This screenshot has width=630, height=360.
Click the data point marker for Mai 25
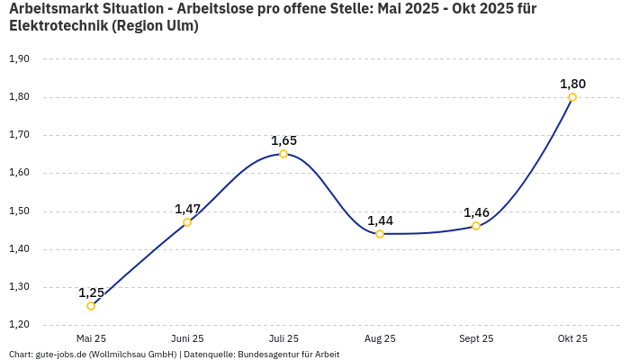point(91,306)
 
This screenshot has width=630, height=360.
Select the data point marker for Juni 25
point(187,222)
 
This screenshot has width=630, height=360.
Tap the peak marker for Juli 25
point(283,154)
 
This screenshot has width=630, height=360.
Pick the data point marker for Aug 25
point(380,234)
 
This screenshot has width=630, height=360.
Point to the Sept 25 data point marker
point(476,226)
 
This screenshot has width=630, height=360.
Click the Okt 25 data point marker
point(572,97)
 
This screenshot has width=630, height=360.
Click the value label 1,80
point(572,84)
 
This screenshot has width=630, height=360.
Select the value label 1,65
point(283,140)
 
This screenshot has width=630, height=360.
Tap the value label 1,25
point(91,292)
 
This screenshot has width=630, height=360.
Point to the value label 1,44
point(380,220)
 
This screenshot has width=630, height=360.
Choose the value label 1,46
point(476,212)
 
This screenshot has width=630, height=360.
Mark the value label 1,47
point(187,209)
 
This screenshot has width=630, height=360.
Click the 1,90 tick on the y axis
point(19,58)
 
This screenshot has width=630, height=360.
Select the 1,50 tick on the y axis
point(19,211)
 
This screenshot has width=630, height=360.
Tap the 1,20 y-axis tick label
point(19,325)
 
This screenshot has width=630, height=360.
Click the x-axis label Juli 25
point(283,338)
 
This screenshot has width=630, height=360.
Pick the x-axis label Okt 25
point(572,338)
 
